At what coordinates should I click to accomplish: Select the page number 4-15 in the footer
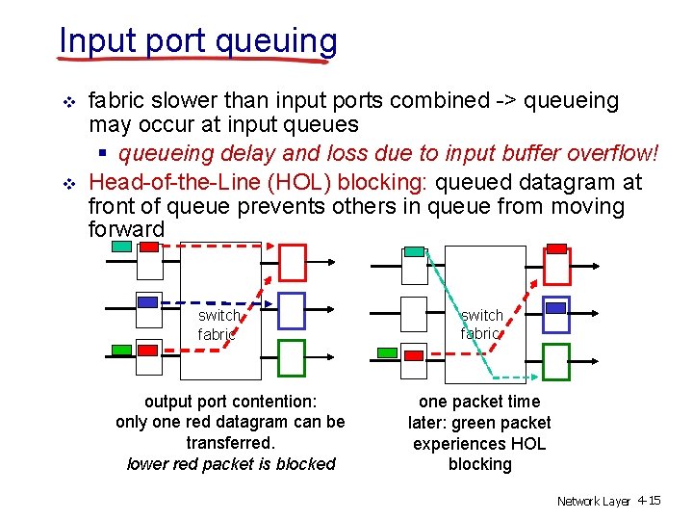(649, 502)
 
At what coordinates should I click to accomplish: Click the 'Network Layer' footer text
(593, 502)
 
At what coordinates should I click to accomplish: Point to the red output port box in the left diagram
(292, 262)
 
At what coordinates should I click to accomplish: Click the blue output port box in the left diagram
(291, 311)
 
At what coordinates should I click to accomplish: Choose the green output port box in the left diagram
(291, 358)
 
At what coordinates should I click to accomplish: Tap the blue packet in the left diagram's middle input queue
(147, 302)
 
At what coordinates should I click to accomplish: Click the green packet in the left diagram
(122, 349)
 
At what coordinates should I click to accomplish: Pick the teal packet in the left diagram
(122, 247)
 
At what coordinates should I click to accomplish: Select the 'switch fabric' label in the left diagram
(218, 325)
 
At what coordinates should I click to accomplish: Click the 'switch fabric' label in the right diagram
(481, 325)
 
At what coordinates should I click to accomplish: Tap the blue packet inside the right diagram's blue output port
(555, 308)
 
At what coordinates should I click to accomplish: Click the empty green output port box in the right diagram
(556, 362)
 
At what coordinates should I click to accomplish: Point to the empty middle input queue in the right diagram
(414, 313)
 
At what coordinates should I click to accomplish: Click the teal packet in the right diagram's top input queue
(414, 252)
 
